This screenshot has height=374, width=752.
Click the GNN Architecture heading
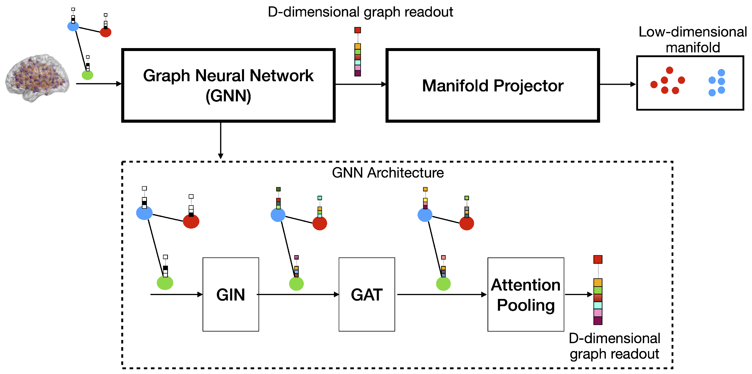click(x=388, y=173)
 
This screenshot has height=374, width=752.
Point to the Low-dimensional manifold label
click(x=692, y=39)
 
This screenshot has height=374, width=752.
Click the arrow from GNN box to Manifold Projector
click(x=360, y=84)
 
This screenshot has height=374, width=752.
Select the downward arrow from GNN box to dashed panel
click(x=221, y=140)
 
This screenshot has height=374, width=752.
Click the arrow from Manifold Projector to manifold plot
click(x=617, y=84)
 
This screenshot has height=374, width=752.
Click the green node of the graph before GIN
click(x=165, y=283)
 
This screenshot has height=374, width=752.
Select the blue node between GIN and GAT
click(x=278, y=215)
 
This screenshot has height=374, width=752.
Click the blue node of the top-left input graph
click(x=73, y=26)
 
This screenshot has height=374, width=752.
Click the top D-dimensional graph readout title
click(x=360, y=12)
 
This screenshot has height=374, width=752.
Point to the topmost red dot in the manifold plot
click(x=669, y=70)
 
